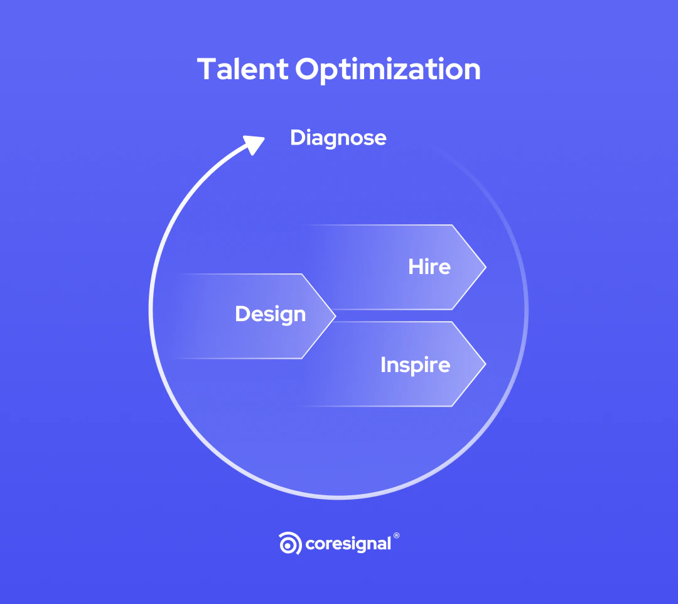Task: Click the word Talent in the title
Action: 242,69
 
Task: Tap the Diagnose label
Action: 338,138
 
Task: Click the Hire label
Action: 429,266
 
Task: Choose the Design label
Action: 270,314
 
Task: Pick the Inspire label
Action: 415,365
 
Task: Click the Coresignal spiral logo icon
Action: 290,543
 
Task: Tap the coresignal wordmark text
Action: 348,544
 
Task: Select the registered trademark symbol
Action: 396,536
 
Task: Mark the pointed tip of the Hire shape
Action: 485,267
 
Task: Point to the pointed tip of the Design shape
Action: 335,316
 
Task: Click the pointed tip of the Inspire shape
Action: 485,364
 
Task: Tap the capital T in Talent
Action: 207,69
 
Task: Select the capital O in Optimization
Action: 309,69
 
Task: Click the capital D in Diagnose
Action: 298,138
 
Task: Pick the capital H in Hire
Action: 416,266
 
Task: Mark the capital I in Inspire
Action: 383,365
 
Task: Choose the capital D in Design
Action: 243,314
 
